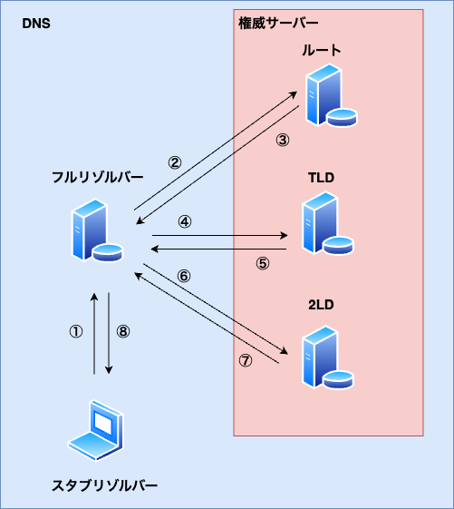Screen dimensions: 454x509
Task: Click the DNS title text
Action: pyautogui.click(x=36, y=24)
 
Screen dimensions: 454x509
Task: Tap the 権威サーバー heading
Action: pyautogui.click(x=278, y=23)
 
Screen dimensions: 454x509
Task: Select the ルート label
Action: pyautogui.click(x=322, y=50)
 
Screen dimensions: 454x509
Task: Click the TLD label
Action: pyautogui.click(x=321, y=178)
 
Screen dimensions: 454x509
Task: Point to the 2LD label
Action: pyautogui.click(x=321, y=305)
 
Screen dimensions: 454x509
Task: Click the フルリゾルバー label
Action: pyautogui.click(x=97, y=178)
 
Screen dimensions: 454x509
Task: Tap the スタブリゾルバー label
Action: pyautogui.click(x=104, y=485)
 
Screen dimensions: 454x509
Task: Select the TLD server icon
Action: pyautogui.click(x=327, y=222)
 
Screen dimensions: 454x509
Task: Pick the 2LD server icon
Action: pyautogui.click(x=327, y=357)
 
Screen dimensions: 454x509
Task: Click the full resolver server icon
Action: pyautogui.click(x=97, y=230)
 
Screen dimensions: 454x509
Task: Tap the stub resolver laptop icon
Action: pyautogui.click(x=96, y=430)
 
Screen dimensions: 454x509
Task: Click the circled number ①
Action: pyautogui.click(x=76, y=332)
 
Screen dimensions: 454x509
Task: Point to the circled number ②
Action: pyautogui.click(x=175, y=163)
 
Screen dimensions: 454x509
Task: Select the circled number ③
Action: pyautogui.click(x=283, y=141)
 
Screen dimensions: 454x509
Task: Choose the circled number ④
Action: pyautogui.click(x=185, y=222)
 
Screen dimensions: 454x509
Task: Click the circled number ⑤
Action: pyautogui.click(x=263, y=264)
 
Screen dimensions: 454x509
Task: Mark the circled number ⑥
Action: pyautogui.click(x=184, y=276)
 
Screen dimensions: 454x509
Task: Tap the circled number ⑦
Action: pyautogui.click(x=246, y=360)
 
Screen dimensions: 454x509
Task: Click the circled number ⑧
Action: pyautogui.click(x=123, y=332)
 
